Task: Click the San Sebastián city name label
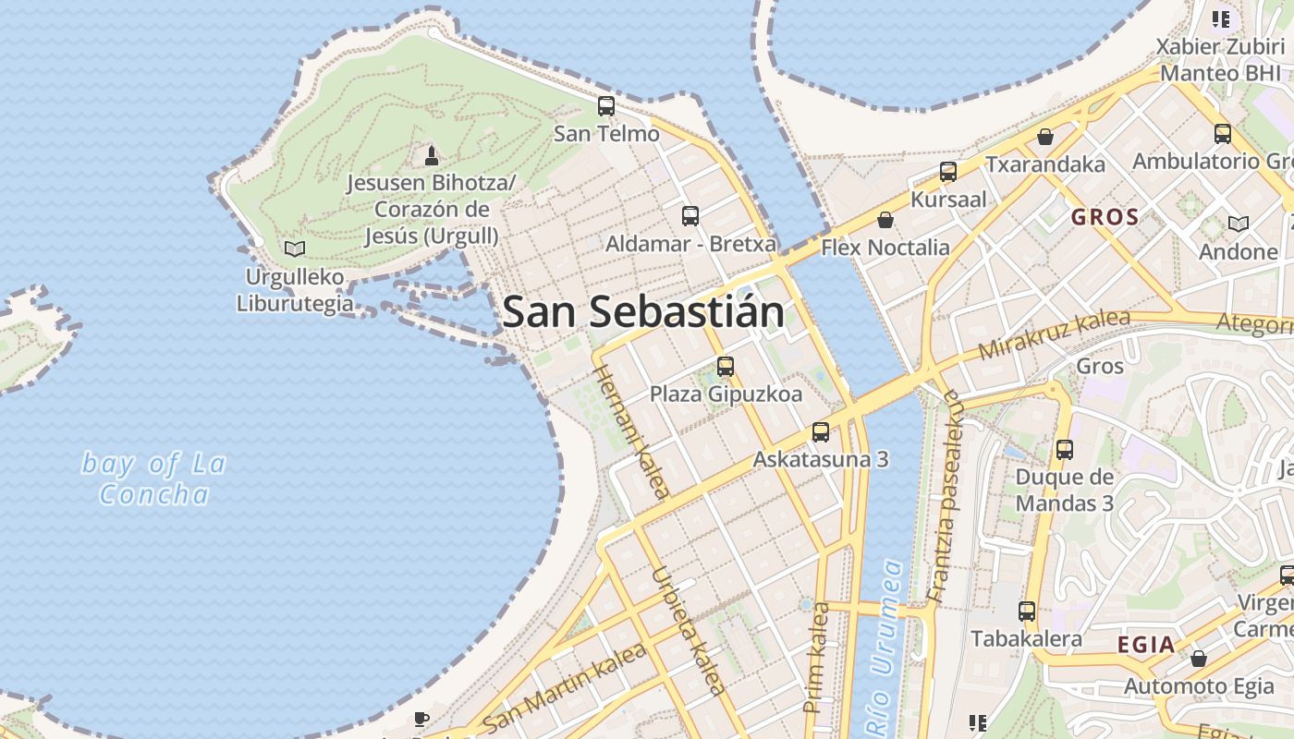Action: click(x=643, y=312)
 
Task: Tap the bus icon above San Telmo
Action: click(x=606, y=106)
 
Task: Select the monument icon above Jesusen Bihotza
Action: click(x=431, y=154)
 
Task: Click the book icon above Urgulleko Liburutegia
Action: click(x=295, y=248)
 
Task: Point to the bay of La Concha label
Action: click(x=153, y=479)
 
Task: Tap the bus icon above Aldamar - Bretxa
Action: click(x=690, y=216)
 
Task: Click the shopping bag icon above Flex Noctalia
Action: click(x=885, y=220)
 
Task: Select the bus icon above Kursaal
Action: click(x=948, y=172)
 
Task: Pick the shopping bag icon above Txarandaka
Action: click(x=1045, y=137)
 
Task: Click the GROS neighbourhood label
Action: click(x=1105, y=218)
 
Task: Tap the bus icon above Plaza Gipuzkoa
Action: click(x=726, y=367)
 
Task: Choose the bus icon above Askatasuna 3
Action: click(x=821, y=431)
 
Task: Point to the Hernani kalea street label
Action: click(x=629, y=430)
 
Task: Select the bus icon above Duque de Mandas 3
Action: click(x=1065, y=450)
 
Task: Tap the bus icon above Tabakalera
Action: click(x=1027, y=611)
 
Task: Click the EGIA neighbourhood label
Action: click(x=1146, y=645)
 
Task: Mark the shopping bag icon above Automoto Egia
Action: click(x=1199, y=659)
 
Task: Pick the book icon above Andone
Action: click(x=1239, y=224)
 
